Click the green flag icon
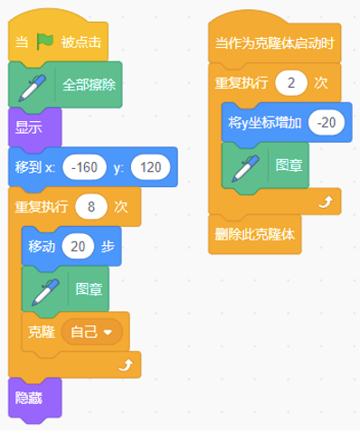pyautogui.click(x=45, y=42)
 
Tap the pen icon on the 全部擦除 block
pyautogui.click(x=33, y=88)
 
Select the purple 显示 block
pyautogui.click(x=35, y=127)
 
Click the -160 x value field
pyautogui.click(x=84, y=167)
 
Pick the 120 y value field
pyautogui.click(x=150, y=167)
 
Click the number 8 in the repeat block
pyautogui.click(x=91, y=207)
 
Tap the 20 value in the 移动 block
pyautogui.click(x=78, y=247)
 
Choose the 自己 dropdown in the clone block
pyautogui.click(x=92, y=332)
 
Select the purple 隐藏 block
pyautogui.click(x=35, y=399)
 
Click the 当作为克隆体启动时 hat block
pyautogui.click(x=274, y=42)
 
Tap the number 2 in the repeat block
pyautogui.click(x=291, y=83)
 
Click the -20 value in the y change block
pyautogui.click(x=327, y=123)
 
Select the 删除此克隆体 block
pyautogui.click(x=255, y=234)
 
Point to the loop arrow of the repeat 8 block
pyautogui.click(x=125, y=365)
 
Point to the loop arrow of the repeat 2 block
pyautogui.click(x=326, y=202)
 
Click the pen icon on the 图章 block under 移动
pyautogui.click(x=45, y=292)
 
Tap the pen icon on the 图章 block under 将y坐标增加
pyautogui.click(x=245, y=169)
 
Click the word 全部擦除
pyautogui.click(x=89, y=85)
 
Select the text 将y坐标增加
pyautogui.click(x=265, y=123)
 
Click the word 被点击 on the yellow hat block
pyautogui.click(x=81, y=42)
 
